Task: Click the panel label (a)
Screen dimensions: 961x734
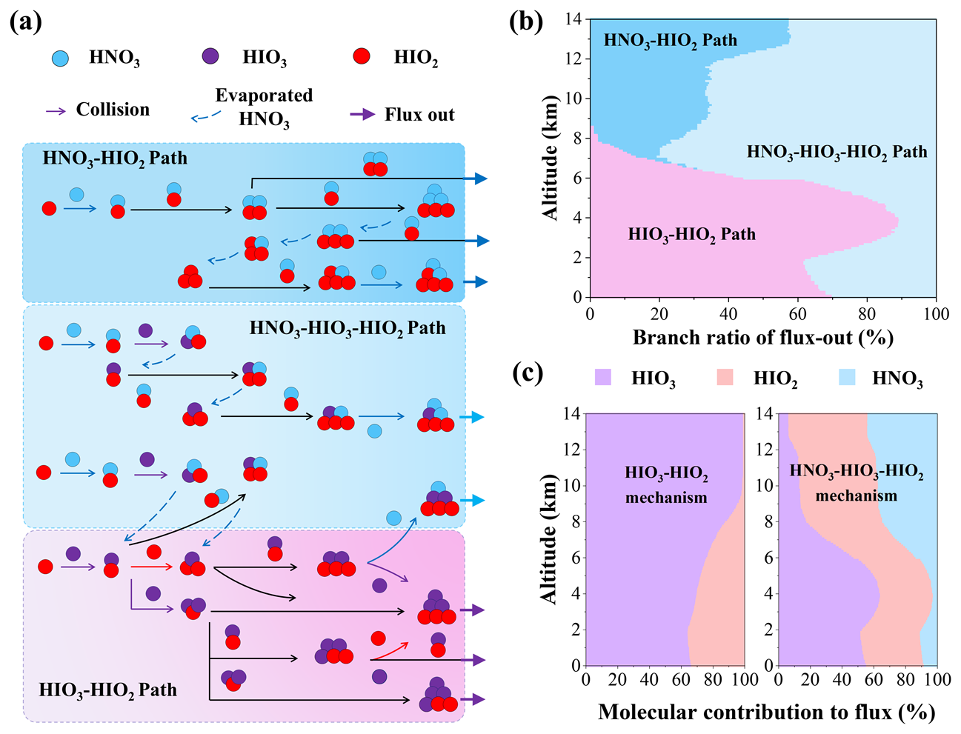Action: point(25,22)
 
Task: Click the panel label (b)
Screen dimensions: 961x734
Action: point(526,22)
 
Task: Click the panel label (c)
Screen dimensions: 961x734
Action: point(528,373)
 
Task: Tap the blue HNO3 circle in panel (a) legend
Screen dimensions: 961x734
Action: point(61,58)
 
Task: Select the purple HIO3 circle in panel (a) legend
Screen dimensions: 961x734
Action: point(210,56)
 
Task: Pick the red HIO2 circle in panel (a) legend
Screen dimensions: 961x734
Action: point(361,56)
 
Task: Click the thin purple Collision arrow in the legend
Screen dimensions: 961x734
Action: point(56,111)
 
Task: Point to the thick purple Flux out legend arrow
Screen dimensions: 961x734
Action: point(362,115)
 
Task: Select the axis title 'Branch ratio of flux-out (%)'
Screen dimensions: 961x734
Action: point(762,338)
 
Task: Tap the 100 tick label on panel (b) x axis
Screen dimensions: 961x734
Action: point(936,314)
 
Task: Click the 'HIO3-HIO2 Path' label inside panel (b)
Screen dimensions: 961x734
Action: point(692,235)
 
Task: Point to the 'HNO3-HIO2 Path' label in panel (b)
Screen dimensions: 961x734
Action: point(671,41)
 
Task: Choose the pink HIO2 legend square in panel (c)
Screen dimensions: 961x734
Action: point(725,377)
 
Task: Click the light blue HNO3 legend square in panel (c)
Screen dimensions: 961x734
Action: point(847,377)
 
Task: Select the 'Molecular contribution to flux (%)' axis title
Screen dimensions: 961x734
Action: point(767,712)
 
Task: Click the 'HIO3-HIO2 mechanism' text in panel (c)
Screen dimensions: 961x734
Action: point(666,485)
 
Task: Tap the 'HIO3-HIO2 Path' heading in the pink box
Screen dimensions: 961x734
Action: point(107,690)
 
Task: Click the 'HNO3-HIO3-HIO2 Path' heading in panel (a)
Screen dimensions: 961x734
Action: point(348,328)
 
